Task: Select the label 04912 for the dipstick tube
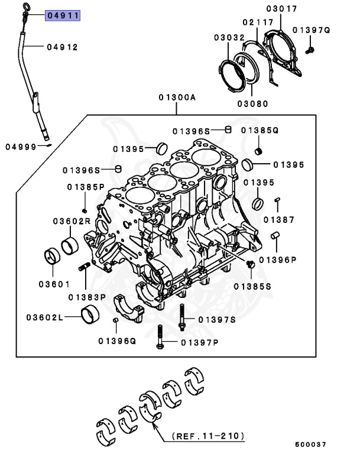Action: coord(63,47)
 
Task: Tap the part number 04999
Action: coord(21,146)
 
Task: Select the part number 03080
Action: coord(252,103)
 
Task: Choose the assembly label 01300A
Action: coord(176,98)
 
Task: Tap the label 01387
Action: coord(278,219)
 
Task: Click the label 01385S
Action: coord(252,286)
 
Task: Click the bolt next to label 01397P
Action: coord(159,337)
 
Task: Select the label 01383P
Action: coord(86,297)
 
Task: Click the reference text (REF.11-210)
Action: coord(207,436)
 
